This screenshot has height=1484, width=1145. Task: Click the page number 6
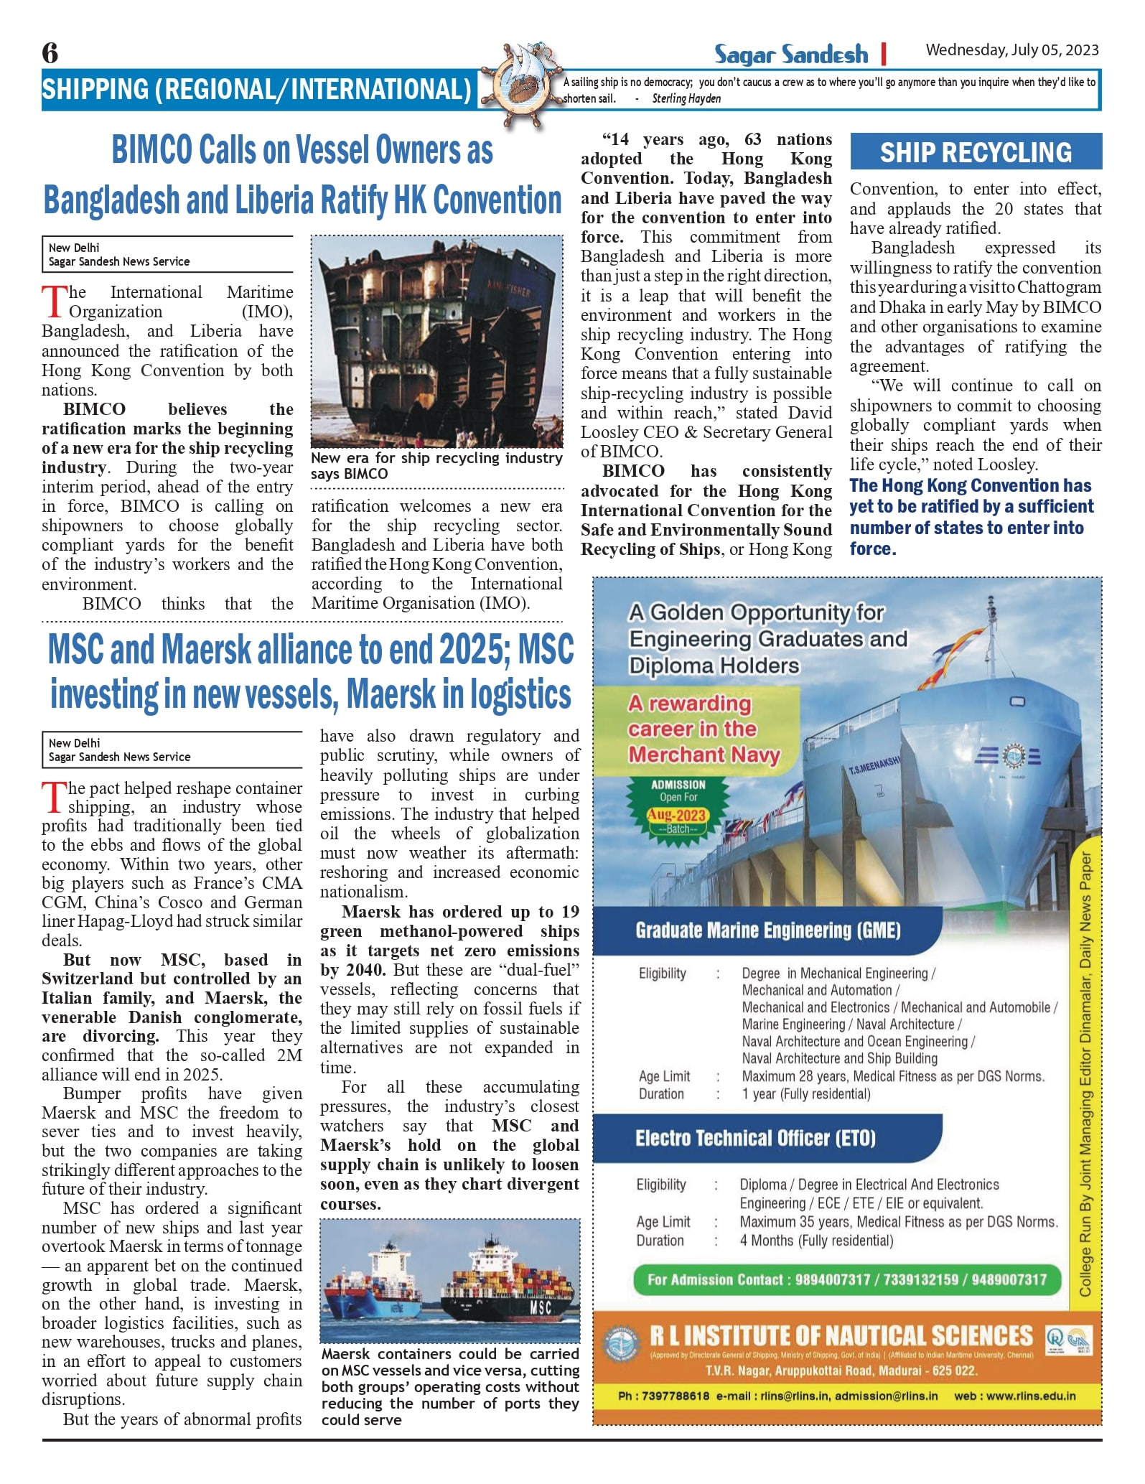click(50, 53)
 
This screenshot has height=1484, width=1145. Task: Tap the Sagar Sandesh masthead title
click(790, 55)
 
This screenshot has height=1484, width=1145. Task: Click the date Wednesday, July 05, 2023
click(1011, 50)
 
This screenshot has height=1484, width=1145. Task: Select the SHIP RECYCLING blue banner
click(976, 152)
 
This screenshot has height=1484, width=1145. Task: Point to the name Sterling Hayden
click(686, 99)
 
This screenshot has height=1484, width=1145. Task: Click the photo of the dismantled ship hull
click(436, 342)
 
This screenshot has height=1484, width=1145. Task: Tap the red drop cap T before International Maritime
click(54, 302)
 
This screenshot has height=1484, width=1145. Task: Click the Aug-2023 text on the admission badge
click(677, 815)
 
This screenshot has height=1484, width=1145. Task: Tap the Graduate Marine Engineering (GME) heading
click(767, 931)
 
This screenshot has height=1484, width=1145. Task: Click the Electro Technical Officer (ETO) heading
click(755, 1139)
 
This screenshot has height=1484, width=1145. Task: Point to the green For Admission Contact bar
click(846, 1280)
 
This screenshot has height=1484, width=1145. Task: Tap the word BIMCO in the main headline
click(152, 151)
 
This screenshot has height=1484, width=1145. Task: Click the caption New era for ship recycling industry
click(436, 466)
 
